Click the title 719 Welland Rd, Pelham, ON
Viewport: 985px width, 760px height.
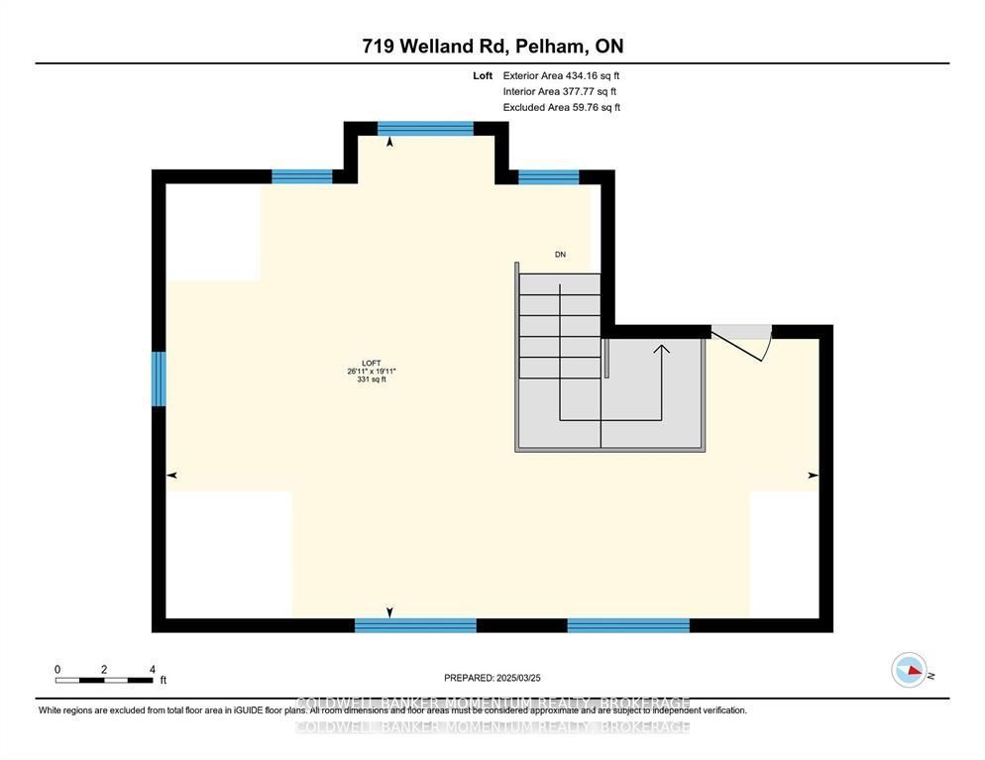492,46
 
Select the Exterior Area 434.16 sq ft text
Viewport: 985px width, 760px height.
561,75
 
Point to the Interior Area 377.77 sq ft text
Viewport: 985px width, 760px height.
561,91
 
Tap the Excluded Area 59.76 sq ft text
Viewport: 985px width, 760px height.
561,107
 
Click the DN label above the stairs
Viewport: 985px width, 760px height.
560,255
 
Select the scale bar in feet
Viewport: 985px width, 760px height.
103,680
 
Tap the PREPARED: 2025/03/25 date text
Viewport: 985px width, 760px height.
492,678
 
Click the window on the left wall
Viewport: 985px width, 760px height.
158,379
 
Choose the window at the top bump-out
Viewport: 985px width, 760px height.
425,128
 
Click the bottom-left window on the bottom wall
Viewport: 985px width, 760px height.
415,625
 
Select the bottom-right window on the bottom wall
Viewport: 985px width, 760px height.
627,625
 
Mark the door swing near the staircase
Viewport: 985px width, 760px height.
743,342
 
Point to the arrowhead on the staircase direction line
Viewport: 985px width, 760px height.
661,348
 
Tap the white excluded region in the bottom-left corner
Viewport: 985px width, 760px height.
228,553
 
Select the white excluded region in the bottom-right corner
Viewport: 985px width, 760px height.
784,553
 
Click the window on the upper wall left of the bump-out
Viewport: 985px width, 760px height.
301,177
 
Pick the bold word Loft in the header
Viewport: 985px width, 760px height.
483,75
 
